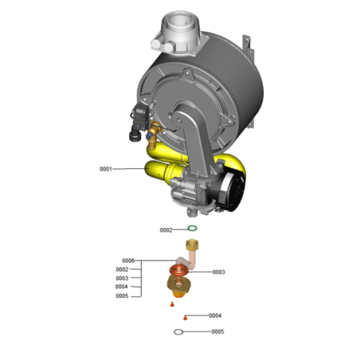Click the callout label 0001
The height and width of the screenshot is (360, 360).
(106, 169)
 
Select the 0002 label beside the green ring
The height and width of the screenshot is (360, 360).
(166, 230)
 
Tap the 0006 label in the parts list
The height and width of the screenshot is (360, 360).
(128, 261)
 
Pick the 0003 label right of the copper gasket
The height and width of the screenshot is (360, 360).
(219, 272)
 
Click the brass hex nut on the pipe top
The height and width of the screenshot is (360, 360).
(192, 243)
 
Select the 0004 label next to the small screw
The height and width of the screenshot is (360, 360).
(215, 315)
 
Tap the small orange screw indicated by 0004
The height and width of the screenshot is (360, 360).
(184, 316)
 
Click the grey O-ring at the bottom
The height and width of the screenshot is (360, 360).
(181, 331)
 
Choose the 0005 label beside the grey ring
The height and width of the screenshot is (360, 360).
(217, 331)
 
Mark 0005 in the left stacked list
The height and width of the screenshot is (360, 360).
(122, 295)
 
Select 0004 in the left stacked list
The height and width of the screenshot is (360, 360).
(122, 287)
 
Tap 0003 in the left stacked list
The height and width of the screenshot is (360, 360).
(122, 278)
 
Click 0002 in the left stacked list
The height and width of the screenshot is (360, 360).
(122, 270)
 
